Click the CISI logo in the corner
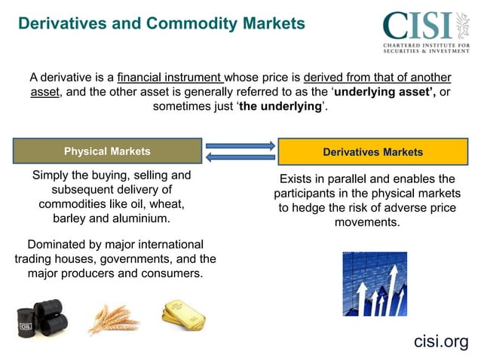[x=426, y=32]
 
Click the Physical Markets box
[x=107, y=151]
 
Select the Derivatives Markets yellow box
[x=372, y=152]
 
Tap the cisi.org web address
[x=441, y=341]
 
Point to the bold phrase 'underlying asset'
[x=384, y=92]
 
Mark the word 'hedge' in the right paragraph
[x=322, y=208]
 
